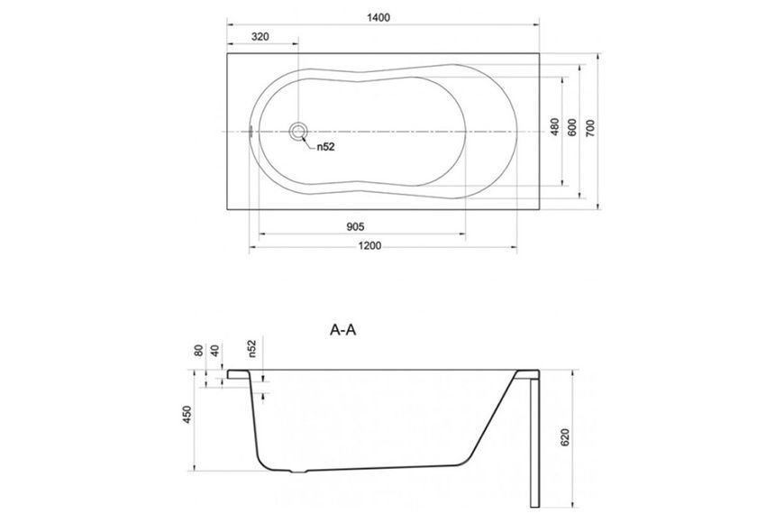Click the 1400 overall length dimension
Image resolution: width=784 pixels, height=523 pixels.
[378, 17]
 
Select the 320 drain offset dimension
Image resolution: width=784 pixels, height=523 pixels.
[260, 37]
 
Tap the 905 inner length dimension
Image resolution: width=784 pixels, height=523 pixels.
[355, 226]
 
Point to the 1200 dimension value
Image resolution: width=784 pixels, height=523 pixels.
[370, 246]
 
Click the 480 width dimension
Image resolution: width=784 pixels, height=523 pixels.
[554, 127]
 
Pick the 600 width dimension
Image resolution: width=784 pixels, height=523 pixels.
[572, 127]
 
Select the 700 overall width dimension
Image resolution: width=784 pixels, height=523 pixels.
[590, 128]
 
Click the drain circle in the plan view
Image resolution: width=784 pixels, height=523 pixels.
[298, 132]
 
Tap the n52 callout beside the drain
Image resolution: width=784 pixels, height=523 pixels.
[325, 147]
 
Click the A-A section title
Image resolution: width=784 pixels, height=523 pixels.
[343, 330]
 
